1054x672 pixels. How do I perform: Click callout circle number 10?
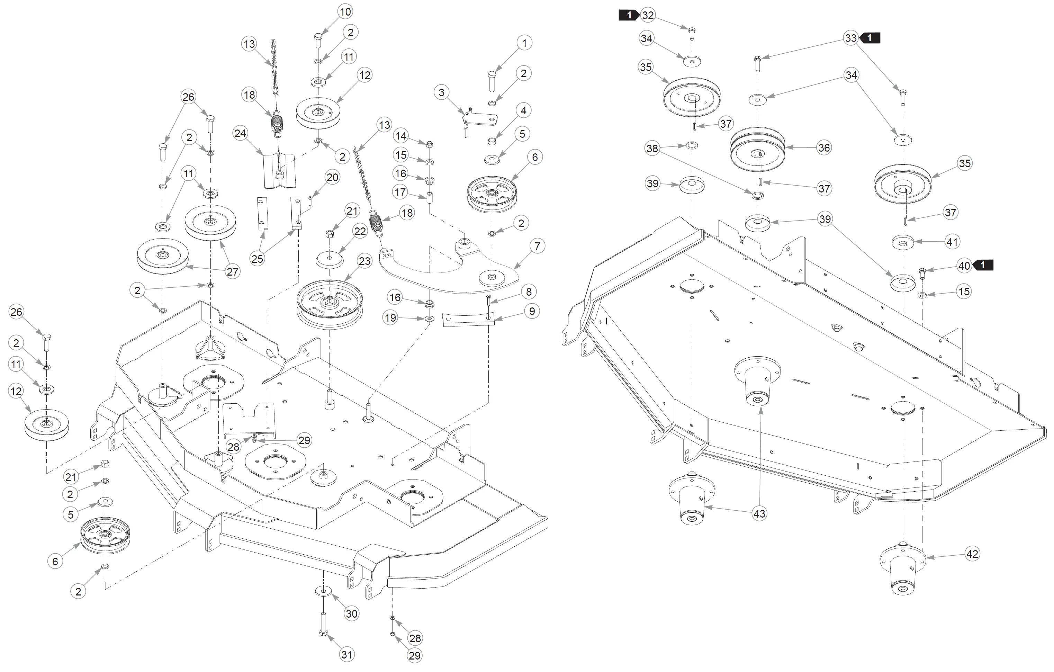(x=345, y=12)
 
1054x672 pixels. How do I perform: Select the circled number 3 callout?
(x=442, y=92)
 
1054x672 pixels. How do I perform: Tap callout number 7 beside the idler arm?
(x=538, y=246)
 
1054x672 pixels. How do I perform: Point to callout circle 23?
(x=364, y=261)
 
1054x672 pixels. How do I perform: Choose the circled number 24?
(x=240, y=133)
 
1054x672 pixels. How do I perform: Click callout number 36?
(x=824, y=148)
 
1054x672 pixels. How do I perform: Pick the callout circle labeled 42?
(x=972, y=554)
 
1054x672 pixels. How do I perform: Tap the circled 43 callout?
(x=759, y=513)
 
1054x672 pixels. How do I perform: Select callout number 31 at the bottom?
(x=347, y=654)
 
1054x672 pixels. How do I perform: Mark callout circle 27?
(x=232, y=272)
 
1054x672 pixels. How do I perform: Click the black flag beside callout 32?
(x=629, y=15)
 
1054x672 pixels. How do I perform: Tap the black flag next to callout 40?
(x=983, y=265)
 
